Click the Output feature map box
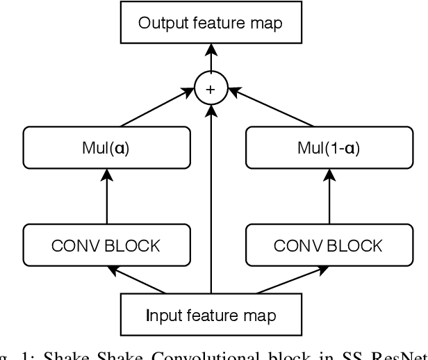pos(211,23)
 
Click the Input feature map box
pos(211,315)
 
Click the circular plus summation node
pos(211,89)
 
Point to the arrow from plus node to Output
pos(211,59)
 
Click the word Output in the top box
pos(161,23)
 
